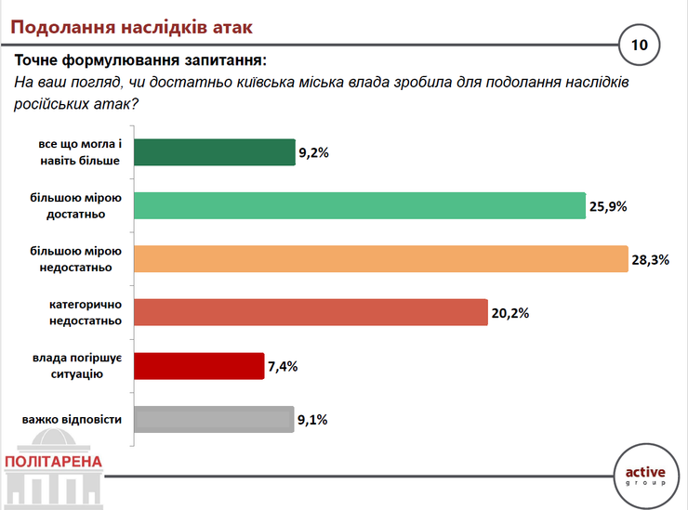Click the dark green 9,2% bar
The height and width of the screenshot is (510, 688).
point(215,152)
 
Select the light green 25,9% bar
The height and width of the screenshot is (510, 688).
point(360,205)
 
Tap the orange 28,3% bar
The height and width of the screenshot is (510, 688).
point(381,259)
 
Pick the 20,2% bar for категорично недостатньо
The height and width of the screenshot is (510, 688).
point(311,312)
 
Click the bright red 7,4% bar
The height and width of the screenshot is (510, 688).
point(199,366)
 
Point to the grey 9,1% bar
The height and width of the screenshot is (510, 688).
point(214,419)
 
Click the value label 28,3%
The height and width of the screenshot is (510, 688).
point(650,260)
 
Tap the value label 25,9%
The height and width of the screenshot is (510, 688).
point(608,206)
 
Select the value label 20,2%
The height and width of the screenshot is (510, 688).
point(509,313)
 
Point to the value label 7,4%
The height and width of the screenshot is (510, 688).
point(283,366)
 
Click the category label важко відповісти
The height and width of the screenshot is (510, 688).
point(72,420)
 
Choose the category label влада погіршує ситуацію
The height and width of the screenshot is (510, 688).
point(77,366)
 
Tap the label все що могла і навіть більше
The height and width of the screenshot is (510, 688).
point(80,152)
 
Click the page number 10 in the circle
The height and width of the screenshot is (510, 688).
point(640,45)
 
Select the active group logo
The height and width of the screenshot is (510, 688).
point(645,476)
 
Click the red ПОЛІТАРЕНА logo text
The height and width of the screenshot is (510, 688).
point(53,462)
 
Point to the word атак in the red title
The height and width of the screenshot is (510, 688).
point(232,27)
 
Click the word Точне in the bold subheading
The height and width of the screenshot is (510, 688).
point(36,60)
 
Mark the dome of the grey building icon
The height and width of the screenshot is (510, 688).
point(54,438)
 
